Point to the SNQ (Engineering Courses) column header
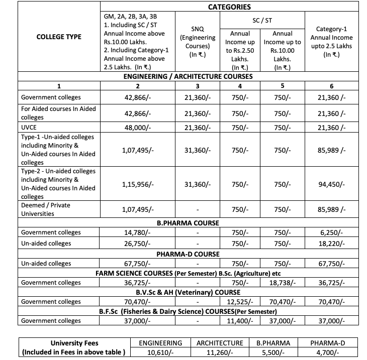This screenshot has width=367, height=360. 198,42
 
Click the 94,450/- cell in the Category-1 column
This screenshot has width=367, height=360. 331,184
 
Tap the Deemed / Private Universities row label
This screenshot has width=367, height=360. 45,209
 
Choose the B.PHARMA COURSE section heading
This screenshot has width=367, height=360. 188,222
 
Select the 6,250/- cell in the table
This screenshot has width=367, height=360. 331,232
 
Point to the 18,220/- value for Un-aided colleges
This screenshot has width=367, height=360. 331,244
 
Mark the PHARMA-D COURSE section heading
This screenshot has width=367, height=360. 188,254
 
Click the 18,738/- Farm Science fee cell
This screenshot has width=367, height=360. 282,283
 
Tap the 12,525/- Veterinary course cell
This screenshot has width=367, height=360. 240,302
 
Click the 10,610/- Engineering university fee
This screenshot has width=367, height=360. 160,352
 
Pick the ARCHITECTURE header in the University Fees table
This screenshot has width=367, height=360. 220,343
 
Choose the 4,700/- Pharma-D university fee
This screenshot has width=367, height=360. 327,352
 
